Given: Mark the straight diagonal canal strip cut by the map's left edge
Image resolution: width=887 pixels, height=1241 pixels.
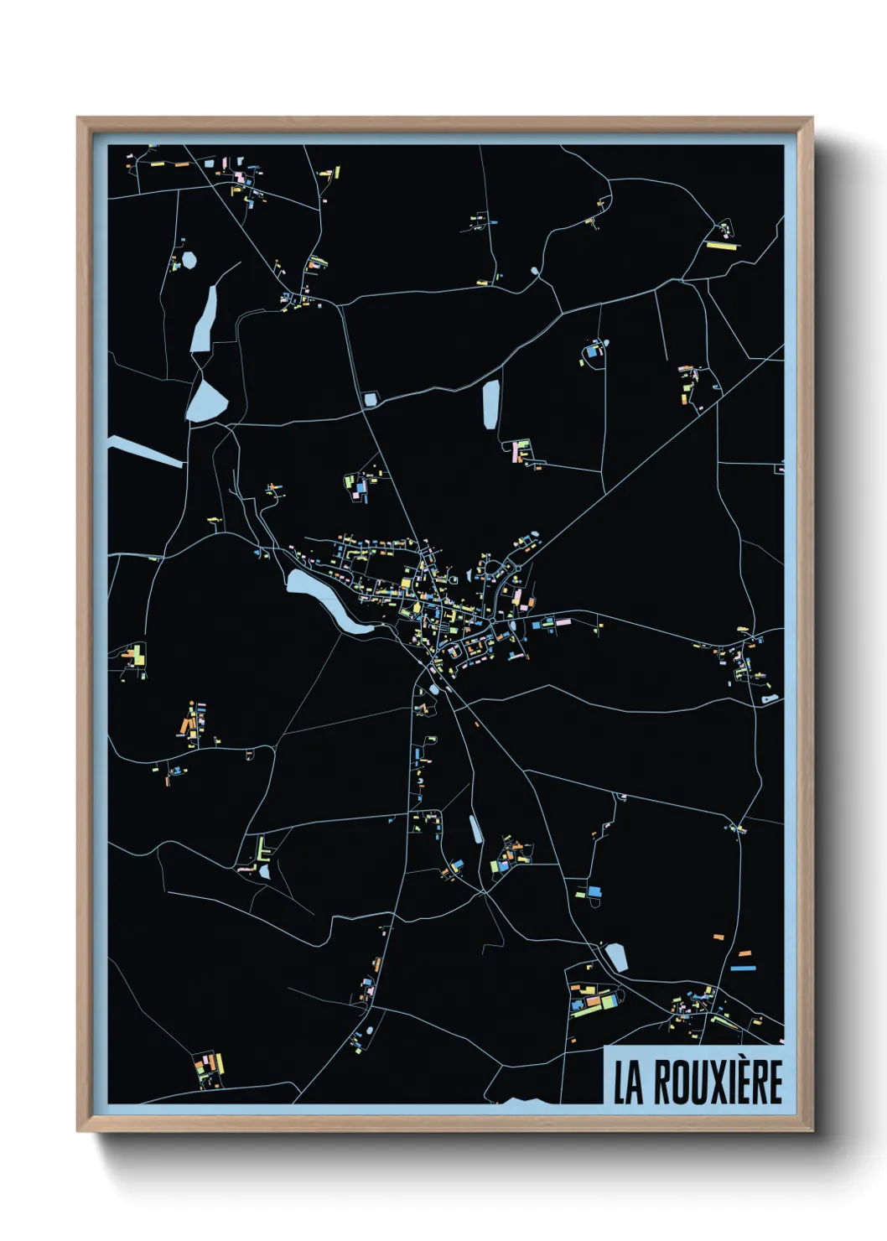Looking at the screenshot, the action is click(143, 450).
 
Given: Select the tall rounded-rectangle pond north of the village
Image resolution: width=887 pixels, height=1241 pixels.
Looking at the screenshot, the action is click(490, 404).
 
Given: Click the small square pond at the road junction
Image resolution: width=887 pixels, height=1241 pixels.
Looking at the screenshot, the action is click(370, 399).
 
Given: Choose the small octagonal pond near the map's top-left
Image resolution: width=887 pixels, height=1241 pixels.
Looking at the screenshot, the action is click(189, 260).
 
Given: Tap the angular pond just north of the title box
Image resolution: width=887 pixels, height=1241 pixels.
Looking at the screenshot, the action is click(617, 957).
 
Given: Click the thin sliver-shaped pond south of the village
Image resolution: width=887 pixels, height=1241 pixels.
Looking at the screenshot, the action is click(475, 828).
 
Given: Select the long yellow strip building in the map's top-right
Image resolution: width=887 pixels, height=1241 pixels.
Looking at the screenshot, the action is click(719, 247).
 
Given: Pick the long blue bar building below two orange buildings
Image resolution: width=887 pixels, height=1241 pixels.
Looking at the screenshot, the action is click(743, 968).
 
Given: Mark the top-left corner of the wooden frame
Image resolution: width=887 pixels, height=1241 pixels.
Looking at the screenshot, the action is click(78, 118).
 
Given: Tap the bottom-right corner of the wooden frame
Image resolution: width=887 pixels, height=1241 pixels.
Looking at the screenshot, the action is click(812, 1131).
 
